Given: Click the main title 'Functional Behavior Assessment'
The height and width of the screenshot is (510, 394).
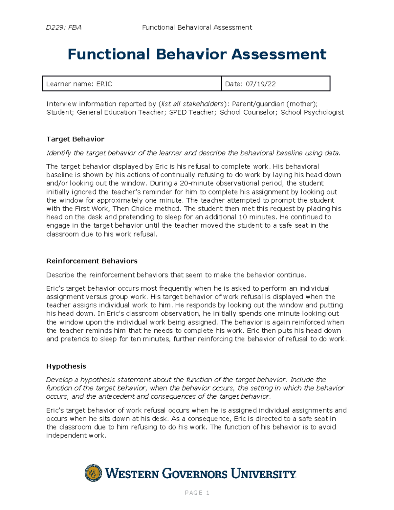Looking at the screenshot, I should [197, 54].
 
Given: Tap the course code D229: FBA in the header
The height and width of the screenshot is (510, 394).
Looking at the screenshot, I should [64, 28].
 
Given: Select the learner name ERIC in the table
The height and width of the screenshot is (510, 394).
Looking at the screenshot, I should [104, 84].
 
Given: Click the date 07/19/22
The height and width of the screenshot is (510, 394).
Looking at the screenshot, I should [260, 84].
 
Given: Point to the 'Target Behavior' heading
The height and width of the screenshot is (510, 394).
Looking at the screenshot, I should [75, 139].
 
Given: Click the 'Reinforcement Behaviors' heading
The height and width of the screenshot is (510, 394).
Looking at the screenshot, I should [92, 261].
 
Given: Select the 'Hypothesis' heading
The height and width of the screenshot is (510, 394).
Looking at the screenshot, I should [66, 366].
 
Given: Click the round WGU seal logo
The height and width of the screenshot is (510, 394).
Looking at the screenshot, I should [93, 473].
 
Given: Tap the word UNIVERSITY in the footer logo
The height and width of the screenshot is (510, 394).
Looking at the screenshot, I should [263, 474].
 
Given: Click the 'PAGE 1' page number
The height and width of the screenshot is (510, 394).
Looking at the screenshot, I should [197, 493].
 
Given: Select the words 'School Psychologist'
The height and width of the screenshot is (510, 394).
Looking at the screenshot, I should [312, 112].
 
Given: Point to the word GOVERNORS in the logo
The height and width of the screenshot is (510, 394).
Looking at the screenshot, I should [195, 474].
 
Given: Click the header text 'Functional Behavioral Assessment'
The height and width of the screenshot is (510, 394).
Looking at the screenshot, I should [197, 28].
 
